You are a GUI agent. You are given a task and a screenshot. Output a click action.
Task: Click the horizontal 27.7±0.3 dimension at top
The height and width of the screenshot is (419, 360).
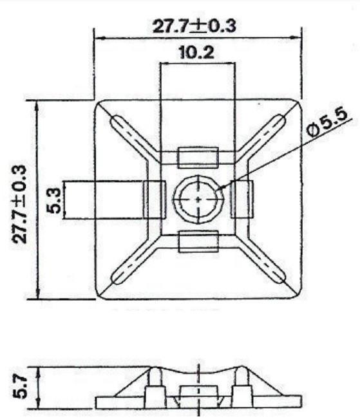[193, 26]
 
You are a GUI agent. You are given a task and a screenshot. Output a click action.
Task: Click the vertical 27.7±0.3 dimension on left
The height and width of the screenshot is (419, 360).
[21, 203]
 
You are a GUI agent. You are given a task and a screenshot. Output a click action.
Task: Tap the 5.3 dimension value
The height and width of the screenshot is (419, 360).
[55, 201]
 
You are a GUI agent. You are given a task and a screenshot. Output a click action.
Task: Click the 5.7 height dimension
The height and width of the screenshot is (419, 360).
[21, 387]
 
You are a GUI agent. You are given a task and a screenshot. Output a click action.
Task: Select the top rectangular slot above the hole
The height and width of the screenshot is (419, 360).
[198, 156]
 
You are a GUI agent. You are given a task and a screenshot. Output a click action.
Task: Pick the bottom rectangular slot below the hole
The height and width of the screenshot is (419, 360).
[198, 241]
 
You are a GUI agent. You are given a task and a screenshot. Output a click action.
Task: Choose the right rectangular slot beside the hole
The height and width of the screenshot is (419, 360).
[243, 201]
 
